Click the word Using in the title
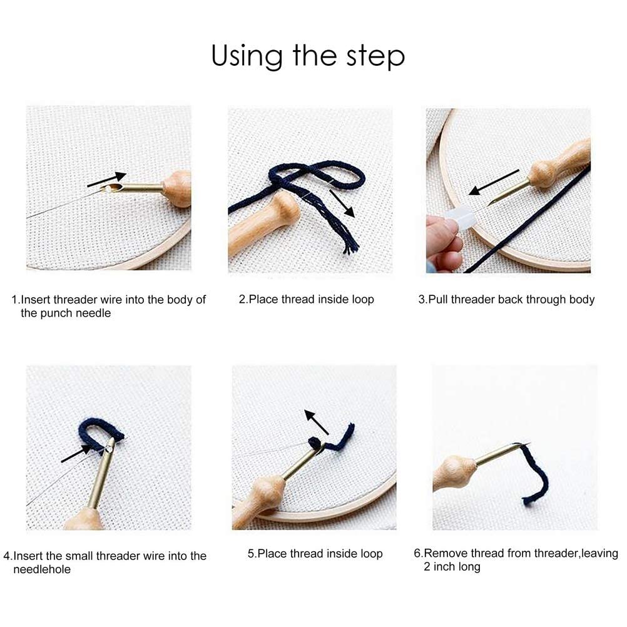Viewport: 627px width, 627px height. (x=247, y=55)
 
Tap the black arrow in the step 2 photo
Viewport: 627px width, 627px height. (x=342, y=203)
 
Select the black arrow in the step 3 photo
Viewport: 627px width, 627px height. (x=494, y=182)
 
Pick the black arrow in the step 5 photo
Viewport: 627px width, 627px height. (x=316, y=422)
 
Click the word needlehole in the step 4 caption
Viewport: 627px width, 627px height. (x=42, y=569)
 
